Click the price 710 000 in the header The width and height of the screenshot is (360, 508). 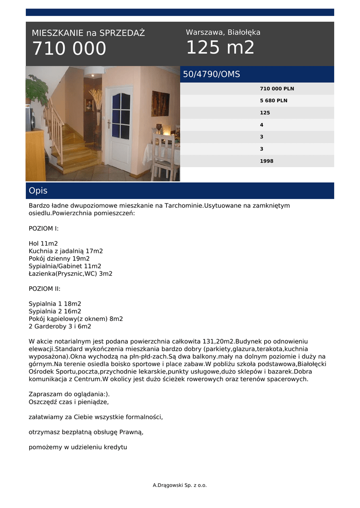[69, 49]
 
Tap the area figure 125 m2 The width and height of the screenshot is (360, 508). [220, 48]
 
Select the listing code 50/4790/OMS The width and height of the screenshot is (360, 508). [212, 74]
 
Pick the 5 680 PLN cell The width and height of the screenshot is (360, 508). [274, 101]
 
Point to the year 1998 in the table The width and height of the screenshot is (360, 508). [267, 161]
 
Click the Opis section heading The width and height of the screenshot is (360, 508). [38, 190]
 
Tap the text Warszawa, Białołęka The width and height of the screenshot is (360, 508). [223, 32]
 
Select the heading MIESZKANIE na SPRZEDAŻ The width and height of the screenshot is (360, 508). [88, 33]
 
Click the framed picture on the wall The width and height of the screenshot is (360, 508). [160, 103]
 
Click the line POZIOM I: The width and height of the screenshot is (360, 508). [44, 229]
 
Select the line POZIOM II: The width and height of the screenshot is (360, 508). [45, 288]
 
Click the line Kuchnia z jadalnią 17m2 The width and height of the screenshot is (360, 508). [66, 251]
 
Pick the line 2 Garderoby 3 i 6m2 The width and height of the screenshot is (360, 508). [60, 326]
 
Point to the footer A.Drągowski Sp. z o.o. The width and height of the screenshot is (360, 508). [180, 485]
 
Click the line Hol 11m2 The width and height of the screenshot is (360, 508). [43, 244]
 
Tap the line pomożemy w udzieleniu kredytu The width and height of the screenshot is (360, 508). [78, 447]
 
